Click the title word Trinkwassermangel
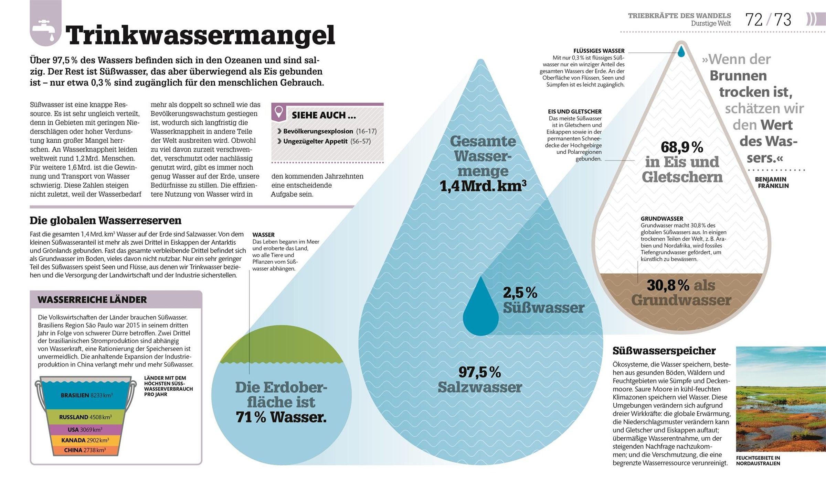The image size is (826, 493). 200,35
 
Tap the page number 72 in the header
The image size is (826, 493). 754,20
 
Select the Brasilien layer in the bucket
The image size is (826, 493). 86,395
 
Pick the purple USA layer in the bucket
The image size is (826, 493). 85,430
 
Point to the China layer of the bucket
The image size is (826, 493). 85,450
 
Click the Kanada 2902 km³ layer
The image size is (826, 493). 85,440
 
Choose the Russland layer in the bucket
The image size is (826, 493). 85,417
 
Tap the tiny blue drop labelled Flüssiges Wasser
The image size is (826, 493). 681,52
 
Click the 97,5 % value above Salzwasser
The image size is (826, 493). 480,372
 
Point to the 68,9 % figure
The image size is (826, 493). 682,147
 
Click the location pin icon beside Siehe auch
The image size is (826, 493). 279,112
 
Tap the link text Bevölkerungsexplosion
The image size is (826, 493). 318,131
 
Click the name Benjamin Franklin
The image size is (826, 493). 771,183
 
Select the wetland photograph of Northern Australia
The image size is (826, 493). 781,399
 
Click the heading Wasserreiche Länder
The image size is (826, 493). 92,300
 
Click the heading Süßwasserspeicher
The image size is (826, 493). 664,351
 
